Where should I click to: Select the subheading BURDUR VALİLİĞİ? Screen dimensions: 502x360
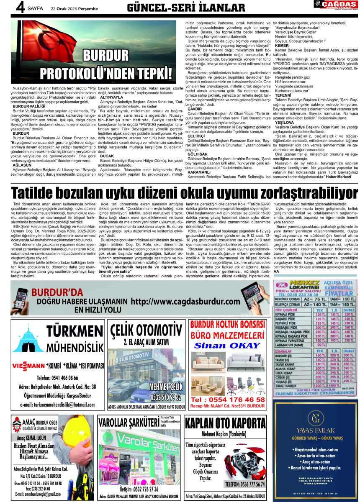[x=29, y=107]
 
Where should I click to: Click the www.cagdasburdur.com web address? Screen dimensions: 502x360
[x=186, y=301]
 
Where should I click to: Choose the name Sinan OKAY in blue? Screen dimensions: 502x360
[x=227, y=346]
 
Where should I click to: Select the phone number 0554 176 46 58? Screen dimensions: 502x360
[x=228, y=400]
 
